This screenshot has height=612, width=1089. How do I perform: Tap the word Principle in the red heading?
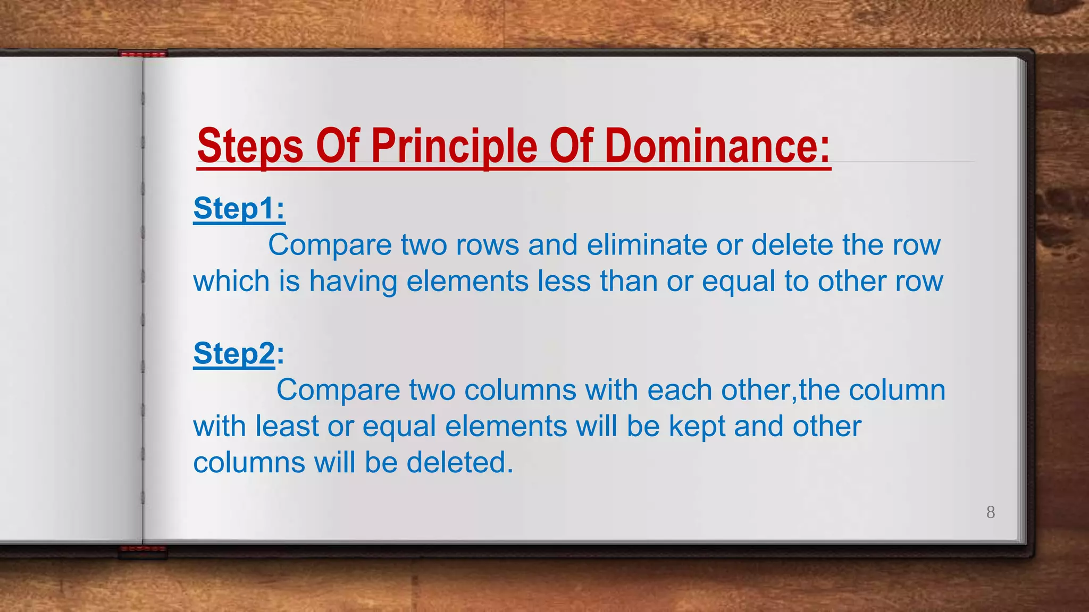(454, 147)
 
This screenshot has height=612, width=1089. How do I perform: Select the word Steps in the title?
(250, 147)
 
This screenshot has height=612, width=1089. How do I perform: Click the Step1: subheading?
(239, 208)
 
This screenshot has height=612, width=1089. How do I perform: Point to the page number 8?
(991, 512)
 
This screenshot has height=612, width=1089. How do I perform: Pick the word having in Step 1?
(353, 281)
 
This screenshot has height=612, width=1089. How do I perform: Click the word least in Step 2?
(287, 426)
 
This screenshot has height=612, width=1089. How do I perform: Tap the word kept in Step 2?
(697, 427)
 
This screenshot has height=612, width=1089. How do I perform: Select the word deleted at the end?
(459, 462)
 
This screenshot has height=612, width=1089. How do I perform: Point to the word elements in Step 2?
(506, 426)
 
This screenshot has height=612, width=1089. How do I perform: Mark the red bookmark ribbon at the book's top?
(143, 54)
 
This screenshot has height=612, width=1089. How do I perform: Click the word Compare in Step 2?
(338, 390)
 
